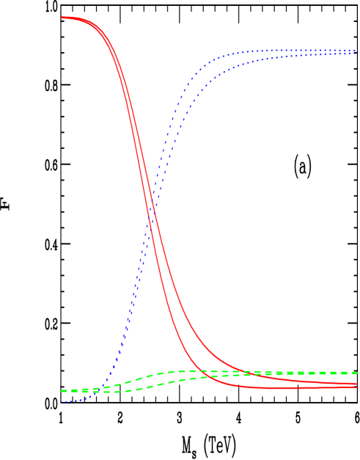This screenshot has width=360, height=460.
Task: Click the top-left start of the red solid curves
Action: tap(62, 17)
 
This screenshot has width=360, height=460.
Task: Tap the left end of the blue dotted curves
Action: tap(62, 402)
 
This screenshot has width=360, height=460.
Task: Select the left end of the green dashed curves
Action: tap(62, 391)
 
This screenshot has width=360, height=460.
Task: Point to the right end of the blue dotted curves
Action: tap(356, 51)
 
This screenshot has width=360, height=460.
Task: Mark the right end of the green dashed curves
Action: tap(357, 373)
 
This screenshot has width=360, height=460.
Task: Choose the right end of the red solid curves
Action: tap(357, 385)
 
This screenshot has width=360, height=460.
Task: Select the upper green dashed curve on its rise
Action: tap(139, 379)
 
